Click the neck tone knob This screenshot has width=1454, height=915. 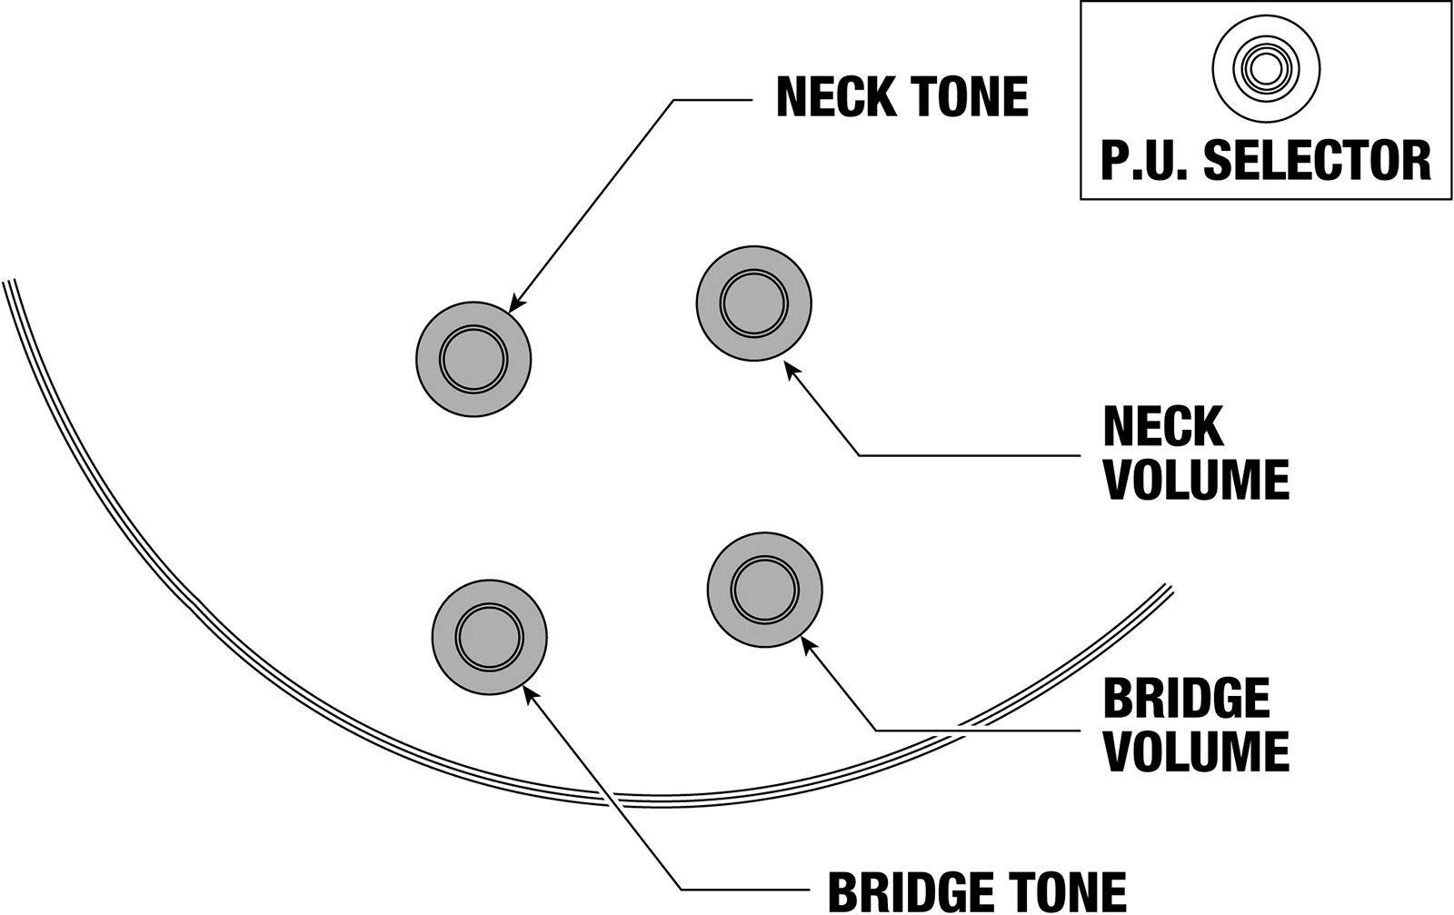pos(473,359)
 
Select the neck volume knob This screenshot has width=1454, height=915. pos(753,303)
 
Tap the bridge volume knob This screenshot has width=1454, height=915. pos(764,589)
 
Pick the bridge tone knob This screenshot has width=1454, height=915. pos(489,637)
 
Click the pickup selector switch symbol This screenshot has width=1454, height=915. pos(1266,68)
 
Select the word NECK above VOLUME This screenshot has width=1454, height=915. pos(1163,427)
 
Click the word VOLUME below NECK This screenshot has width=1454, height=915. pos(1196,480)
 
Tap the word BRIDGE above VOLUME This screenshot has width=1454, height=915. pos(1185,699)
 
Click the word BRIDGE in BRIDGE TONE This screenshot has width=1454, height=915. pos(910,891)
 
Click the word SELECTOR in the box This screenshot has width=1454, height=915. pos(1317,160)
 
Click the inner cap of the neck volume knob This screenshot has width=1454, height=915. pos(753,303)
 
